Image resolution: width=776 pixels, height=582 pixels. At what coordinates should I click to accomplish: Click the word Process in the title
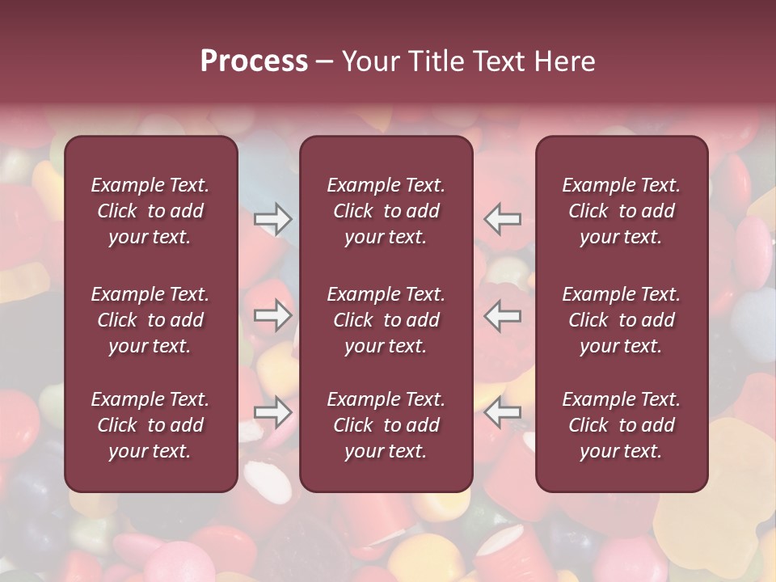(x=254, y=61)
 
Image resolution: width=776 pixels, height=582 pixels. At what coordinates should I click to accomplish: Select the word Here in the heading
(x=563, y=61)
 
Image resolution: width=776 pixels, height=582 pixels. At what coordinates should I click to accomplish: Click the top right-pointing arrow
(x=272, y=219)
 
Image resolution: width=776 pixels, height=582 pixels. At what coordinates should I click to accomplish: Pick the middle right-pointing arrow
(x=272, y=315)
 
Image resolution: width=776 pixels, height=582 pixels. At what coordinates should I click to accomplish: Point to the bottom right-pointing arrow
(x=272, y=412)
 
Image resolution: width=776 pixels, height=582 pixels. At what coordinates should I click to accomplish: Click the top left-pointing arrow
(x=502, y=219)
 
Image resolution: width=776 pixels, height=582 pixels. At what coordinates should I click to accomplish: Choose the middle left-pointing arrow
(x=502, y=315)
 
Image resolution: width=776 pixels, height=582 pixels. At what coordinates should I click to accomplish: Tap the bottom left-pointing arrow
(x=502, y=412)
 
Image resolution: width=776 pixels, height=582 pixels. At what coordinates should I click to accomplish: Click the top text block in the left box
(x=150, y=211)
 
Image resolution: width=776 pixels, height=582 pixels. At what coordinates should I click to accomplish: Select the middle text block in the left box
(x=150, y=320)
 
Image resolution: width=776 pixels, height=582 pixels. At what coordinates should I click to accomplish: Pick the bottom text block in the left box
(x=150, y=425)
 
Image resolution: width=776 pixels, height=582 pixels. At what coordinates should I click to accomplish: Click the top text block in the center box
(x=386, y=211)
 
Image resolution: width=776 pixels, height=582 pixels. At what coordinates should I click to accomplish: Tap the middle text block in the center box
(x=386, y=320)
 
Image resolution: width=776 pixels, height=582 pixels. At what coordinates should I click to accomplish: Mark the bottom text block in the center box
(x=386, y=425)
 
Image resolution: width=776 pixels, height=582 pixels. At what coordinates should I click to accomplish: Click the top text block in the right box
(x=622, y=211)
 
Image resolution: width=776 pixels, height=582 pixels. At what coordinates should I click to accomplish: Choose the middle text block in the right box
(x=622, y=320)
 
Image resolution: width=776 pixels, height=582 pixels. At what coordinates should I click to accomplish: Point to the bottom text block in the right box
(x=622, y=425)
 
